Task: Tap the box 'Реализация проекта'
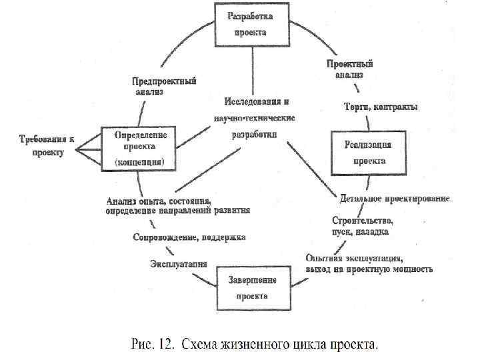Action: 368,153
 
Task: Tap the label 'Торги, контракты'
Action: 381,107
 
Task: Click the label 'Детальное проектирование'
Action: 395,198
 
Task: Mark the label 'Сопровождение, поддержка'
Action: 189,237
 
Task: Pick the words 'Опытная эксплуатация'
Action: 353,258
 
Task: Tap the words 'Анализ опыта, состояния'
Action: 159,201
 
